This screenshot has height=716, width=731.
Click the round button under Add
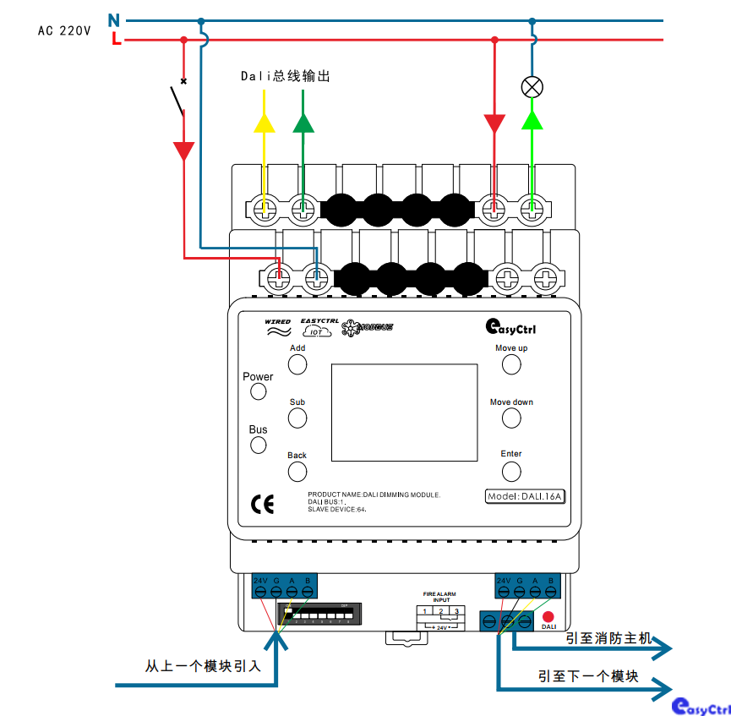coord(297,364)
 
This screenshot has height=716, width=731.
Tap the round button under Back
coord(297,471)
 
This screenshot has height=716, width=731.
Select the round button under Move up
coord(511,364)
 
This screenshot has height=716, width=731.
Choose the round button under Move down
coord(511,418)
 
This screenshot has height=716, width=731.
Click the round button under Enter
coord(511,470)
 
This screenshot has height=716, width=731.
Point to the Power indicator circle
coord(259,391)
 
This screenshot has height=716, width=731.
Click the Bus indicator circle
coord(259,445)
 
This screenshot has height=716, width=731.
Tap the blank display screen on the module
coord(404,413)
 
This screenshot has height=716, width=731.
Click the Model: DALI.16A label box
coord(525,496)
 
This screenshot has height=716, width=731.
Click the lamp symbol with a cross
coord(532,86)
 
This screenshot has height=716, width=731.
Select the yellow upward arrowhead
coord(265,123)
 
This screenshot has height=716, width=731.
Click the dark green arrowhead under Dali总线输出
coord(303,123)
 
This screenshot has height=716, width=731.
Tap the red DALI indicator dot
coord(548,617)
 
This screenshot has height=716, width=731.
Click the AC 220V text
coord(63,30)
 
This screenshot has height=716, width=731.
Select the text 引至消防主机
coord(608,638)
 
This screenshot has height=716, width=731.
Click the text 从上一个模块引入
coord(203,666)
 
